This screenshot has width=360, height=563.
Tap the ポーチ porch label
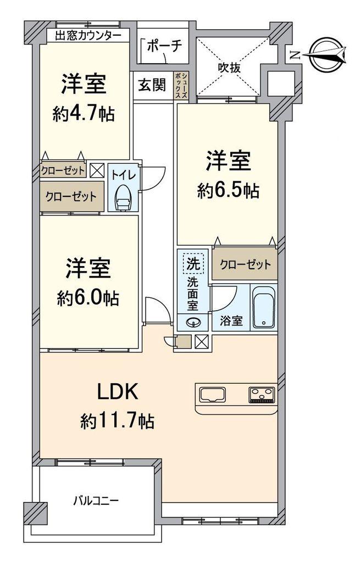pos(164,46)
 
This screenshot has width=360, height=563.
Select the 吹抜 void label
pos(229,68)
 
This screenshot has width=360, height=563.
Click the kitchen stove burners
pos(261,395)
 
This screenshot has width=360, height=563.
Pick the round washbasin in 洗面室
pos(193,323)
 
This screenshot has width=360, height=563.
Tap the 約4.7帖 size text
pos(84,114)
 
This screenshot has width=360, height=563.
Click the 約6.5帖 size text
pos(229,191)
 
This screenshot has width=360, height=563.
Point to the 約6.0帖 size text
pos(88,298)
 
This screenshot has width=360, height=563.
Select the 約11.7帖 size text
pos(117,422)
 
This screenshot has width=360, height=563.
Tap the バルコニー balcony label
pos(96,501)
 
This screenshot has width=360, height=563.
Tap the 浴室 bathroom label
pos(231,321)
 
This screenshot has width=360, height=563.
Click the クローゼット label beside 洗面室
pos(245,264)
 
